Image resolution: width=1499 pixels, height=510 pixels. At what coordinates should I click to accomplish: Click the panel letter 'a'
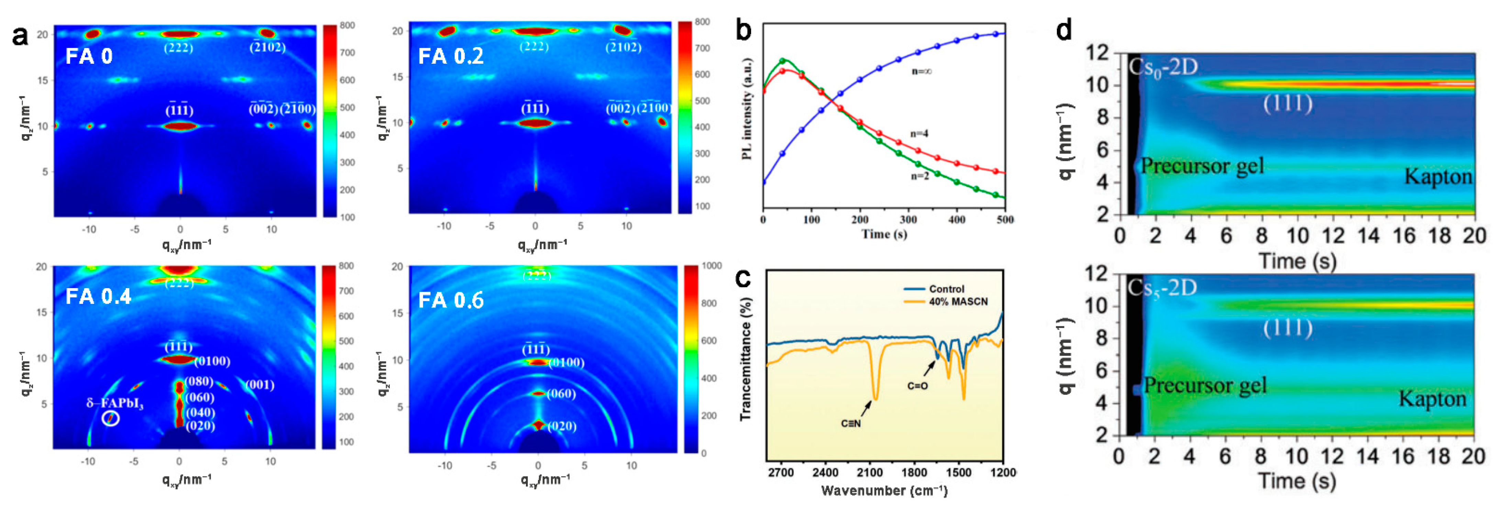pyautogui.click(x=20, y=36)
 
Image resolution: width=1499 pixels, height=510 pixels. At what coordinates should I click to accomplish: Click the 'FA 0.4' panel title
pyautogui.click(x=98, y=296)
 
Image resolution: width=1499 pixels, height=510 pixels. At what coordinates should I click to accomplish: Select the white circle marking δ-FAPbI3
pyautogui.click(x=111, y=418)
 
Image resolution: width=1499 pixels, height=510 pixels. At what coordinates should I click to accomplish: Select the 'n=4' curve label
pyautogui.click(x=919, y=134)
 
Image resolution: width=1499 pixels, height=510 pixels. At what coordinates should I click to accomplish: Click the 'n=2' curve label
pyautogui.click(x=919, y=176)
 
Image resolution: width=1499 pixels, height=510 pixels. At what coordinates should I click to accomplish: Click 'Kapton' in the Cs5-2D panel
pyautogui.click(x=1432, y=399)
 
